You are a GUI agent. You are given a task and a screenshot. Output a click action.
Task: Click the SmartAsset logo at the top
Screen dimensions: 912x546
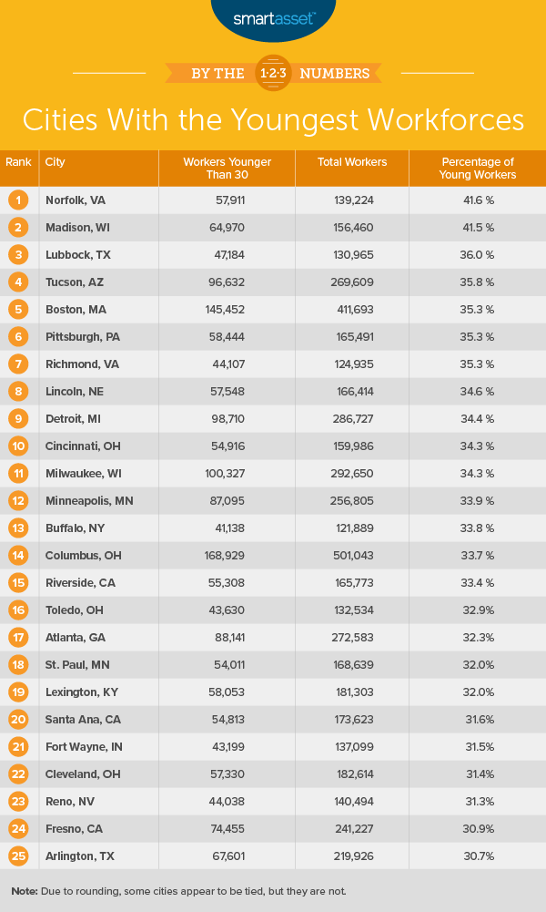[272, 17]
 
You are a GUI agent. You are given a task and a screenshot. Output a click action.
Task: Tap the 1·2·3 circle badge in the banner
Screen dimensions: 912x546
[272, 72]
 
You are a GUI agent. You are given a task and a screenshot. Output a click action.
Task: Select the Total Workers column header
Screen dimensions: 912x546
[352, 162]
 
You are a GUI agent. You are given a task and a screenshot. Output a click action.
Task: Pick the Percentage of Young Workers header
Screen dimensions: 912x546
[477, 168]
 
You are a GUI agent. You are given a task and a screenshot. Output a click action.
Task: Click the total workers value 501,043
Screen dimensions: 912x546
[354, 555]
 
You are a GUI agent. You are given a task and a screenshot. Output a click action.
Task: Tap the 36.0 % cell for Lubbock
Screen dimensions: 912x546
[477, 254]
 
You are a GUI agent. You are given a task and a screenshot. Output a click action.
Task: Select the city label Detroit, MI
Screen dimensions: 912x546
[74, 418]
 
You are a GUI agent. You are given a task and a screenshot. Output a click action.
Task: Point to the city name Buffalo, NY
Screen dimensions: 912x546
[74, 528]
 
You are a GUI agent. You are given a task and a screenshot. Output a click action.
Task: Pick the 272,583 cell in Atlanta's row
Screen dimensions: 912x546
[354, 637]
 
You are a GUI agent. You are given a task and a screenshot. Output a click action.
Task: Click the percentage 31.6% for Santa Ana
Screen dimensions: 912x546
[477, 719]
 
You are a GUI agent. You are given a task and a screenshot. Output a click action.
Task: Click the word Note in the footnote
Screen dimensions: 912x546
[25, 889]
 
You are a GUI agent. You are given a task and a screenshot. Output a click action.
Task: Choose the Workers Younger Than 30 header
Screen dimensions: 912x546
[227, 168]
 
